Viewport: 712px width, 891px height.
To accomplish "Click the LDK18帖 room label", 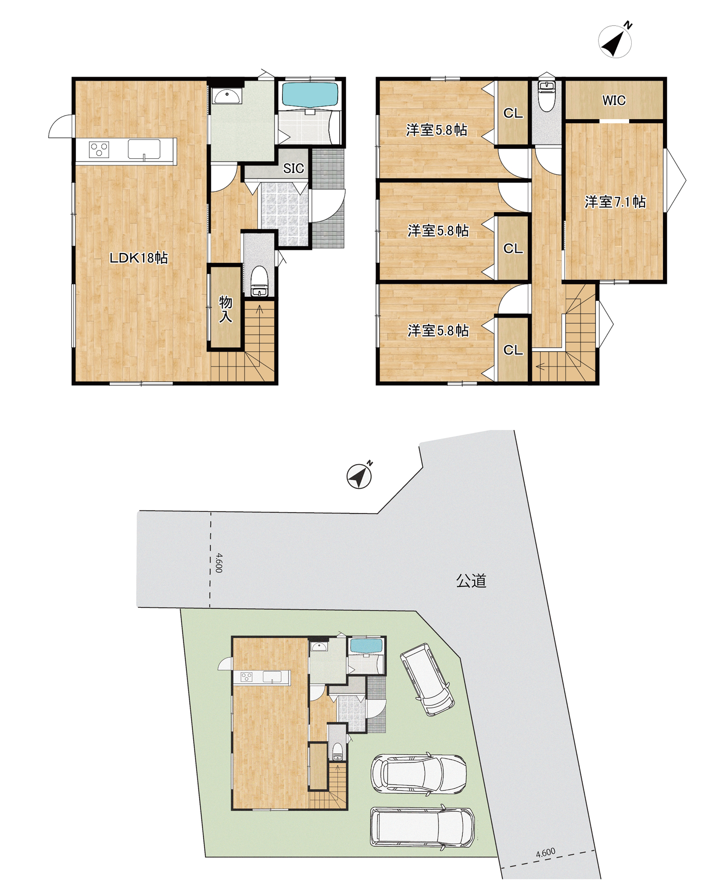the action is (139, 258).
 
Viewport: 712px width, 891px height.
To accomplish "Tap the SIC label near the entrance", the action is (293, 169).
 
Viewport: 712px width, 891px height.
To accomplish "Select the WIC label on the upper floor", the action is (614, 100).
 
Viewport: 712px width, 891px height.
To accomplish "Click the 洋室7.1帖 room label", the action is (615, 201).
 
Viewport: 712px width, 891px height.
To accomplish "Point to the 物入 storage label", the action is (225, 309).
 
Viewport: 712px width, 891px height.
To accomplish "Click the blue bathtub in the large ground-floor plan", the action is (310, 95).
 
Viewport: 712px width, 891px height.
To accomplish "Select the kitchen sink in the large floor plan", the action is (144, 149).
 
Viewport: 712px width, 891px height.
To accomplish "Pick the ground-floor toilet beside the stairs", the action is (259, 281).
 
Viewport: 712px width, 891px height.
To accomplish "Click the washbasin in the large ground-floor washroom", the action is (227, 96).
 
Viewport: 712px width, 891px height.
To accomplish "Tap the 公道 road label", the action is (471, 581).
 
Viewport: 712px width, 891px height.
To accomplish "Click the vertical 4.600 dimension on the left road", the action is (219, 562).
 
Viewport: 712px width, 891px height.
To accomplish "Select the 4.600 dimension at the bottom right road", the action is (545, 852).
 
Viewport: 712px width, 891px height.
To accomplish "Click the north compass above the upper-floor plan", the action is (615, 41).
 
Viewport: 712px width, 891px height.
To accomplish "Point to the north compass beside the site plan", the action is (359, 476).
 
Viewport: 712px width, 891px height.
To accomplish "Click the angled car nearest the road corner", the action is (427, 679).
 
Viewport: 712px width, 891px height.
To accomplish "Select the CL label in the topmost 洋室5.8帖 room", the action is (513, 113).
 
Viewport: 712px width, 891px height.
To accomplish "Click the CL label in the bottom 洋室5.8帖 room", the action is (513, 350).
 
